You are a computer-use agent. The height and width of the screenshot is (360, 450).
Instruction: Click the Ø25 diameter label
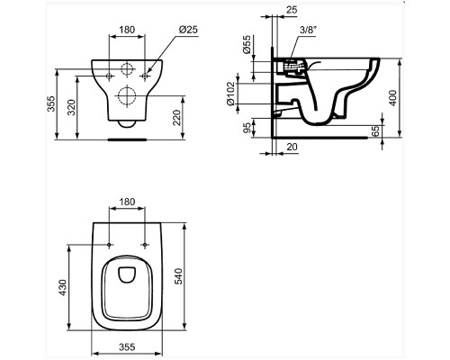(188, 29)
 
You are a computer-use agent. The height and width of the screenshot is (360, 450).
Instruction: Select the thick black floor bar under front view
(127, 140)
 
